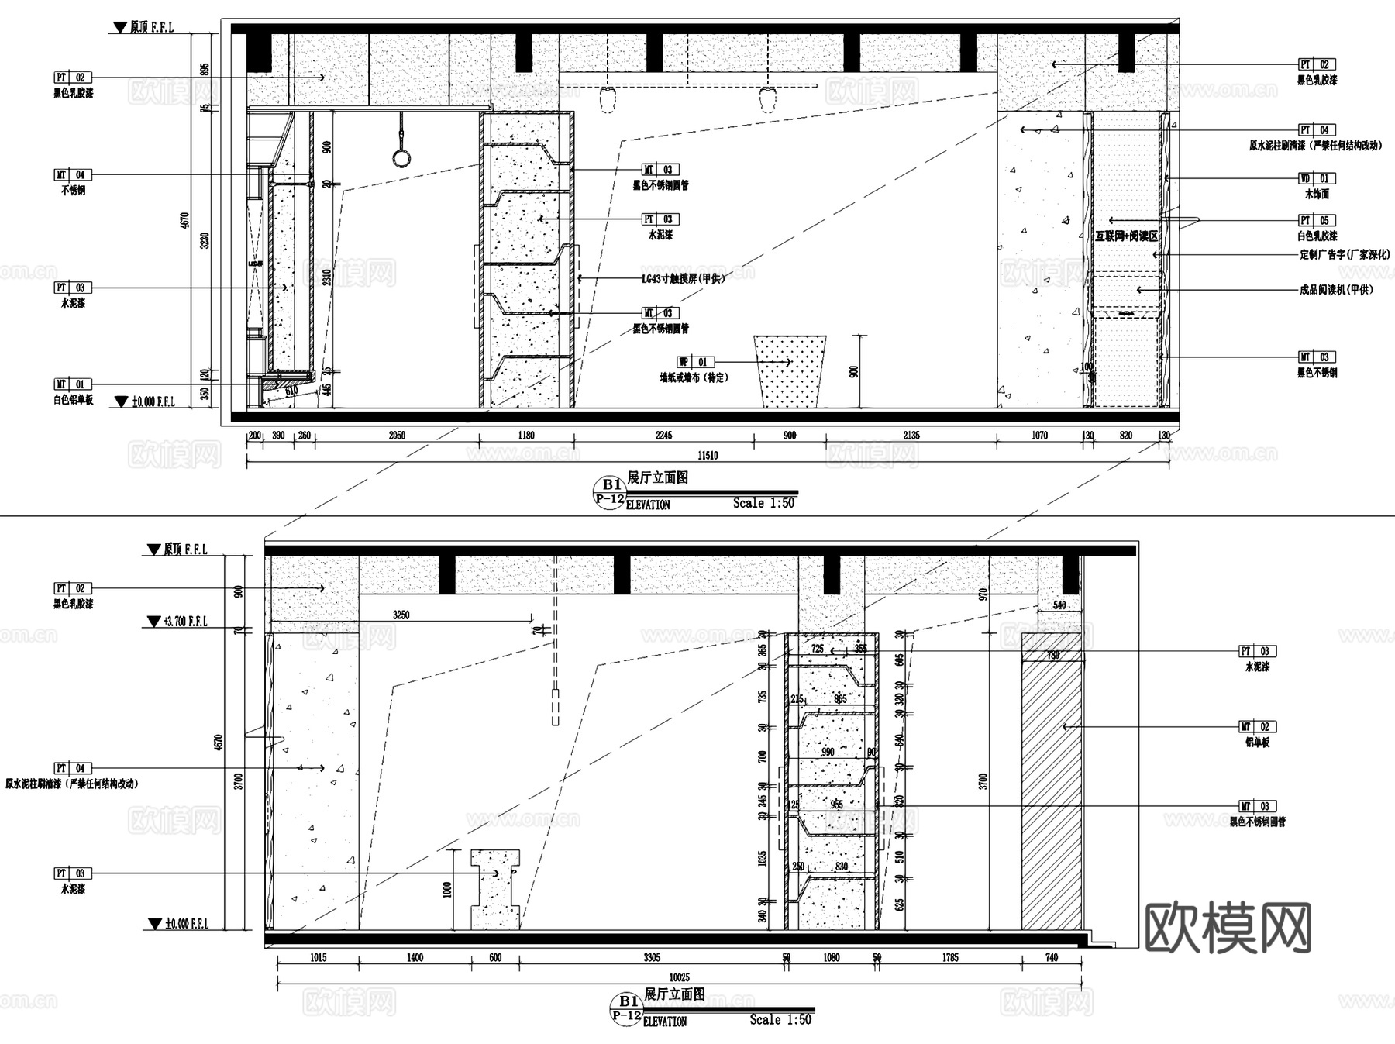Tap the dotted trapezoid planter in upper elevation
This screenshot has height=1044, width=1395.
click(790, 371)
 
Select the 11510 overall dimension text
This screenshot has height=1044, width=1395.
click(708, 456)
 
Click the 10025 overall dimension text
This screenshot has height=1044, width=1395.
click(679, 978)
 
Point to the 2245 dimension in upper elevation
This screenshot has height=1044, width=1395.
click(663, 436)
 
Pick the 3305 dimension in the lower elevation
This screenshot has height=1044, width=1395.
click(652, 958)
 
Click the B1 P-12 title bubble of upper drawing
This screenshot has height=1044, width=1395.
click(610, 491)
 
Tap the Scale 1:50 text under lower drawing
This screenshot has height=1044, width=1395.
click(780, 1020)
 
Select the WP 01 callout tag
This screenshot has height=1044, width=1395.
click(694, 362)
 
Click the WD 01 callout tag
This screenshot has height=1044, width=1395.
click(1317, 179)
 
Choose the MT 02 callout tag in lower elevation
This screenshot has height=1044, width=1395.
click(1257, 727)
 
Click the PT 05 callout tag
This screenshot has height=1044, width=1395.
click(1317, 221)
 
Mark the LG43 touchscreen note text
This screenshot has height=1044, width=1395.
click(683, 278)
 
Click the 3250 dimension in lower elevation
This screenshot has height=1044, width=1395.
click(401, 615)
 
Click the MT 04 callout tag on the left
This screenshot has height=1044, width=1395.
click(72, 175)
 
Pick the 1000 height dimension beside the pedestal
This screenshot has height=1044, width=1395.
click(447, 889)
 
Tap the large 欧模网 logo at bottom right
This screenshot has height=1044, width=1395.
click(1228, 928)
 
